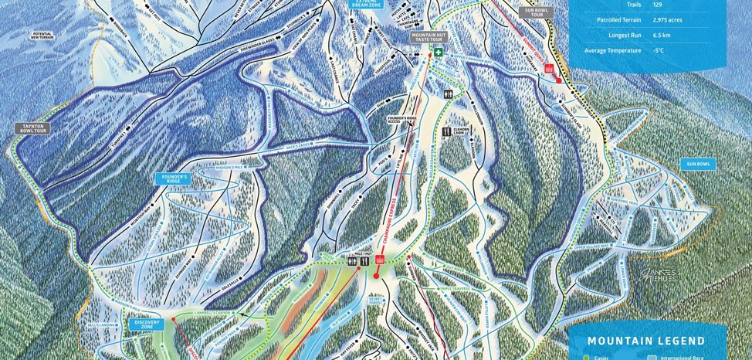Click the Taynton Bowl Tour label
pyautogui.click(x=32, y=128)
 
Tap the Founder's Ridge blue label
pyautogui.click(x=171, y=178)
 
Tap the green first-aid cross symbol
pyautogui.click(x=439, y=53)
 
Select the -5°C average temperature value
pyautogui.click(x=638, y=51)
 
